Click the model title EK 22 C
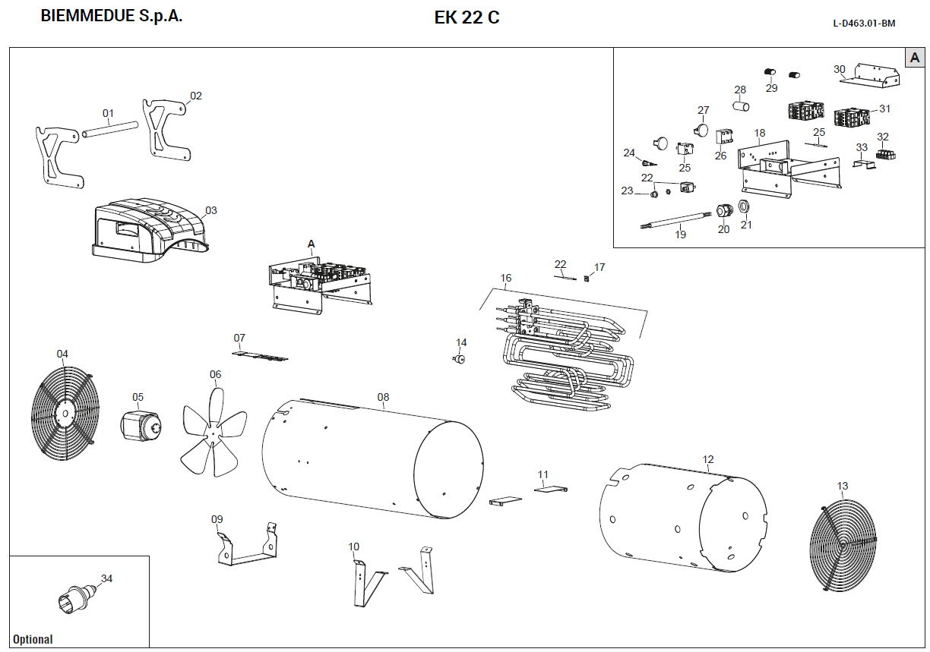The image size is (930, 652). point(467,17)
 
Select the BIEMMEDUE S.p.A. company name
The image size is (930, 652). point(111,16)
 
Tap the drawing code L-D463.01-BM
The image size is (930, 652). point(864,24)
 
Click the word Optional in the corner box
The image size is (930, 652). point(33,639)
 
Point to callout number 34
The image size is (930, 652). point(106,578)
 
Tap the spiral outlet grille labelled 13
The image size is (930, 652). point(843,545)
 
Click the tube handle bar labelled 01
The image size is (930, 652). point(111,130)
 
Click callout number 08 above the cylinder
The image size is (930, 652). point(383,397)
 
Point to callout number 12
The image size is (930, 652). point(708,459)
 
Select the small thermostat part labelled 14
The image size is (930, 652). point(459,359)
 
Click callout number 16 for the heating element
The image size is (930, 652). point(506,278)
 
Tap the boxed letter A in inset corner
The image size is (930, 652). point(914,58)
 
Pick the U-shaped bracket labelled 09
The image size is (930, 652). point(245,550)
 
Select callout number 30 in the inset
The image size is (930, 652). point(839,69)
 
